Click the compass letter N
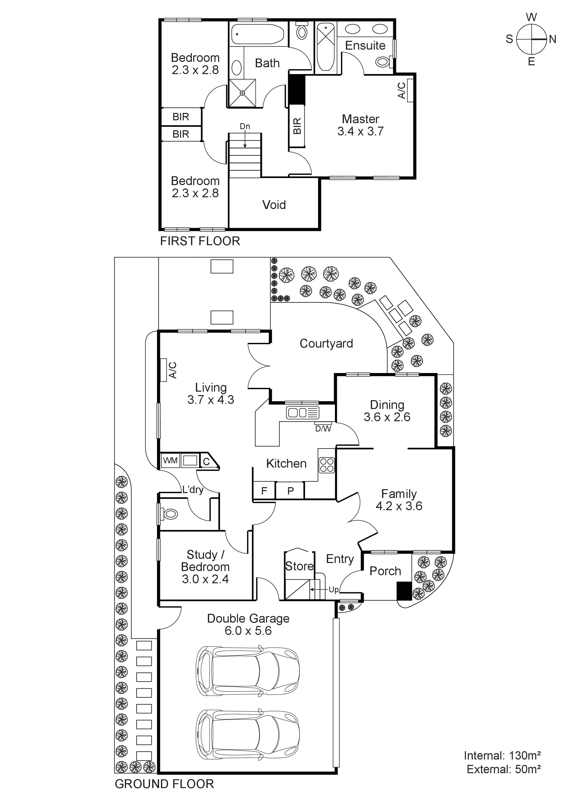pyautogui.click(x=553, y=39)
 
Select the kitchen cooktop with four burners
pyautogui.click(x=327, y=465)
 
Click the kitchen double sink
pyautogui.click(x=302, y=413)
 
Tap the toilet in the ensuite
pyautogui.click(x=384, y=62)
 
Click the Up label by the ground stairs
pyautogui.click(x=333, y=590)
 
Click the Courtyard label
pyautogui.click(x=326, y=343)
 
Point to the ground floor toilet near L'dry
pyautogui.click(x=170, y=514)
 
